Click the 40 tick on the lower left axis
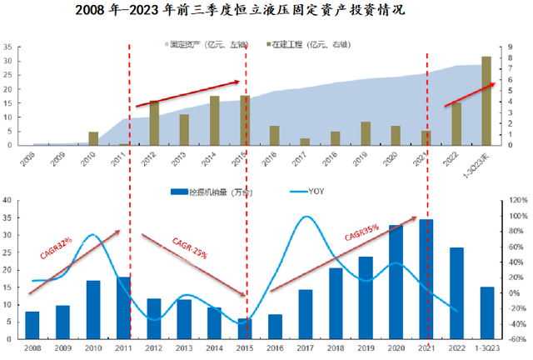[x=6, y=200]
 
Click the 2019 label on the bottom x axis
[x=366, y=347]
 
